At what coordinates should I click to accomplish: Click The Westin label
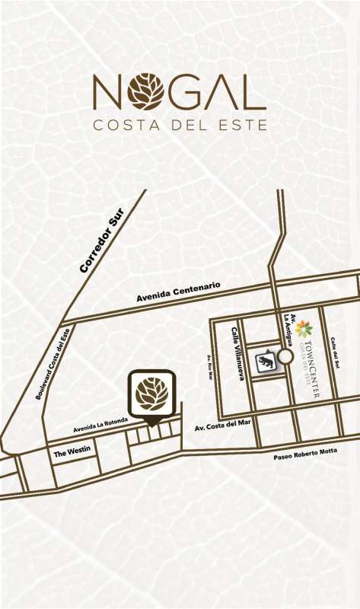tap(72, 452)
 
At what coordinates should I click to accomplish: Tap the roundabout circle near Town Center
tap(285, 356)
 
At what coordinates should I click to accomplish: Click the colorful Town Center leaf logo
tap(304, 329)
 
